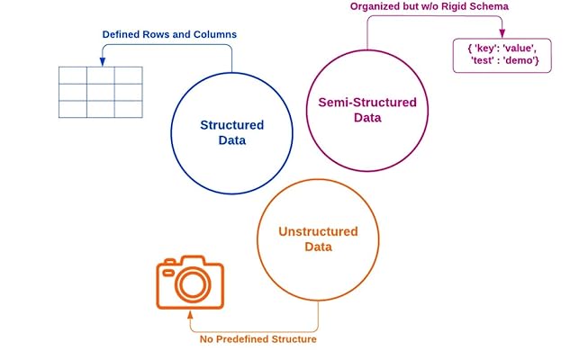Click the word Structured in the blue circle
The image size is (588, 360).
[231, 125]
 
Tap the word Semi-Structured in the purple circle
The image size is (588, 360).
[367, 102]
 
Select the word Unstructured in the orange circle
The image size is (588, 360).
[318, 231]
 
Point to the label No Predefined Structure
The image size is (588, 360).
[258, 339]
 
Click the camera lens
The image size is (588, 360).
[192, 284]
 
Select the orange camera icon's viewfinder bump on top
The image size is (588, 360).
[190, 260]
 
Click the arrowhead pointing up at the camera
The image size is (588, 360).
[190, 315]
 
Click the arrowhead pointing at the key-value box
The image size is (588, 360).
[502, 35]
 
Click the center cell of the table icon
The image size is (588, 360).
[101, 92]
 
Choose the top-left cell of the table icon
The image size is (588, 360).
[73, 75]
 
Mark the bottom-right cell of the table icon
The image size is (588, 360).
[129, 108]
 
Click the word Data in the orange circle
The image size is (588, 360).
[318, 247]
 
